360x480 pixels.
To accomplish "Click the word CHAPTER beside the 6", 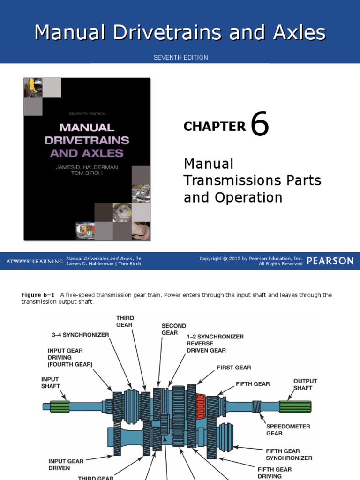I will pyautogui.click(x=215, y=127).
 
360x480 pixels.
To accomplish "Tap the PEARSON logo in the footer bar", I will pyautogui.click(x=330, y=261).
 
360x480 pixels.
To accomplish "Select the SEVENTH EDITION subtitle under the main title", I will pyautogui.click(x=180, y=58).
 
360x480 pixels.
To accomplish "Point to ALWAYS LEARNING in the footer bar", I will pyautogui.click(x=35, y=261).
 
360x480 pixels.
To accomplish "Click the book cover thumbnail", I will pyautogui.click(x=87, y=159).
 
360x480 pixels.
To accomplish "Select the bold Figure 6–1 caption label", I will pyautogui.click(x=38, y=295).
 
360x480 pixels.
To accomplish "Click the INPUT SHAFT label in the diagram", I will pyautogui.click(x=50, y=382).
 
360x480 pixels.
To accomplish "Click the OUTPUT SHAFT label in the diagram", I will pyautogui.click(x=305, y=384).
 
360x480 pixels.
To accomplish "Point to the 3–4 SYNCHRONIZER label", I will pyautogui.click(x=80, y=335).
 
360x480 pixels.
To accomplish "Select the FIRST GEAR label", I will pyautogui.click(x=234, y=367).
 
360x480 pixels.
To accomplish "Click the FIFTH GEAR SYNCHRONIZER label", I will pyautogui.click(x=289, y=455).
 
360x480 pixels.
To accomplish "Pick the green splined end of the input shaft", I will pyautogui.click(x=60, y=406).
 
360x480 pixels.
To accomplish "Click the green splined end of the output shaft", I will pyautogui.click(x=295, y=406).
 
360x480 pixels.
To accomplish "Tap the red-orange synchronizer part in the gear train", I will pyautogui.click(x=201, y=406).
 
